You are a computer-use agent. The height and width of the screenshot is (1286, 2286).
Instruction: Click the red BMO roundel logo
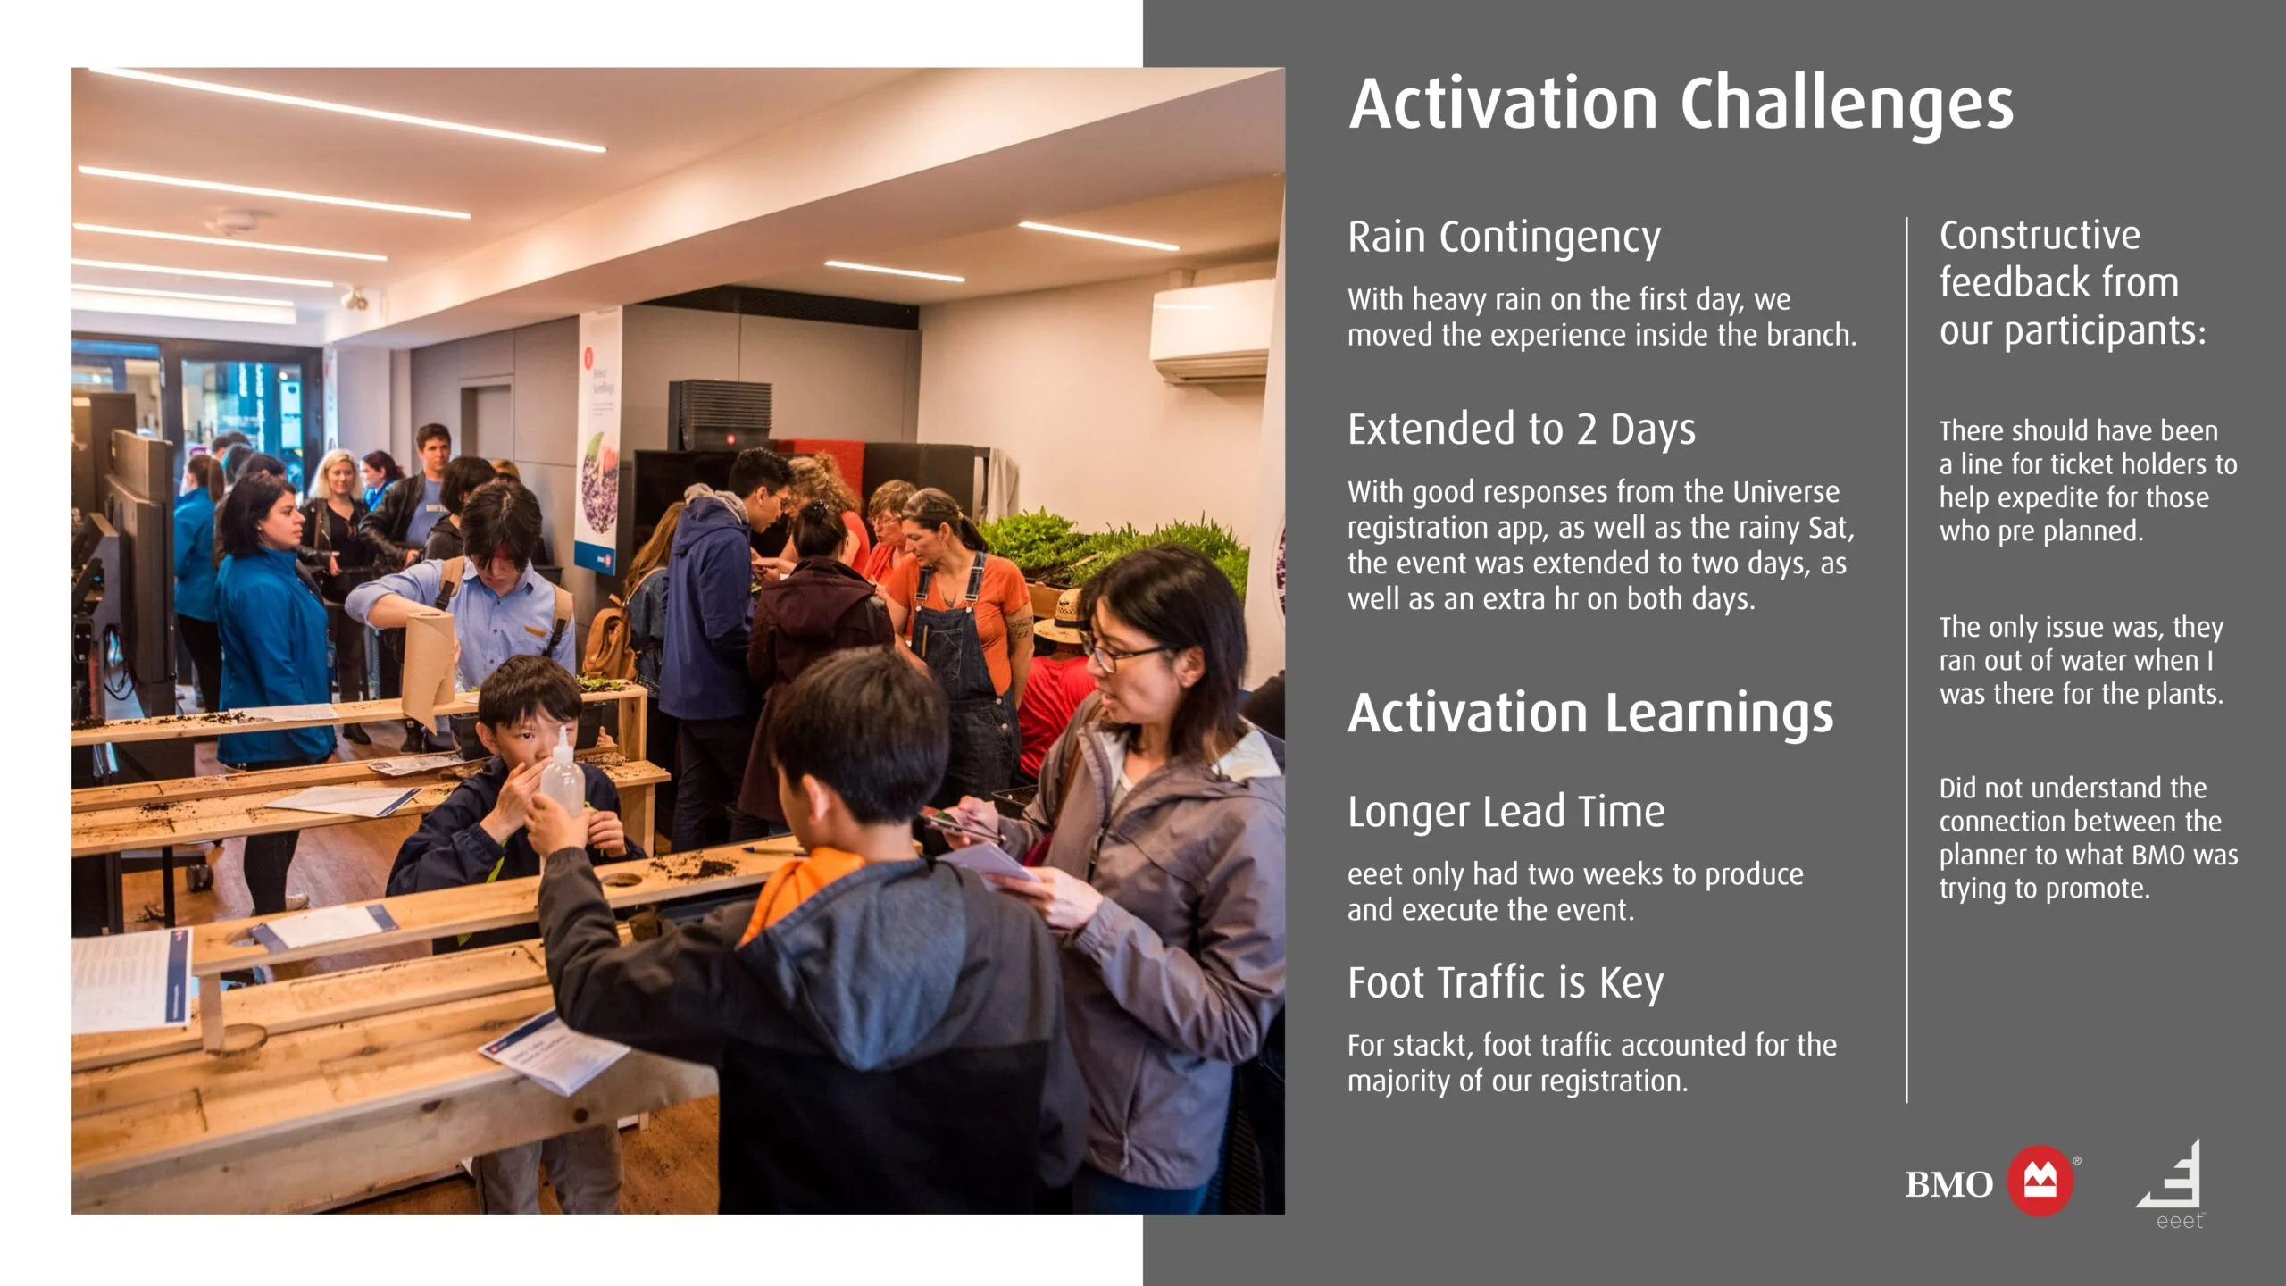[x=2040, y=1181]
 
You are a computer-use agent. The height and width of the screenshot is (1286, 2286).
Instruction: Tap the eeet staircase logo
[x=2172, y=1184]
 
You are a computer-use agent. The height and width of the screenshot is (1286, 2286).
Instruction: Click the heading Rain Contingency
[x=1504, y=238]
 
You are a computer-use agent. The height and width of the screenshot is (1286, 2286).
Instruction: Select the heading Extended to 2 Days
[x=1521, y=430]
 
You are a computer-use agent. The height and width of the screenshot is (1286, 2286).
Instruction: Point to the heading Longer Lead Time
[x=1506, y=812]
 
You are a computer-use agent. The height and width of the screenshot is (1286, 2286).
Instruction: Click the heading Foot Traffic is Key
[x=1506, y=984]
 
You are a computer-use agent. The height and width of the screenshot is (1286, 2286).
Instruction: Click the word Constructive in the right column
[x=2040, y=236]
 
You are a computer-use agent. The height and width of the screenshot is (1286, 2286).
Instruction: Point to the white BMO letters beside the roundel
[x=1948, y=1184]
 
